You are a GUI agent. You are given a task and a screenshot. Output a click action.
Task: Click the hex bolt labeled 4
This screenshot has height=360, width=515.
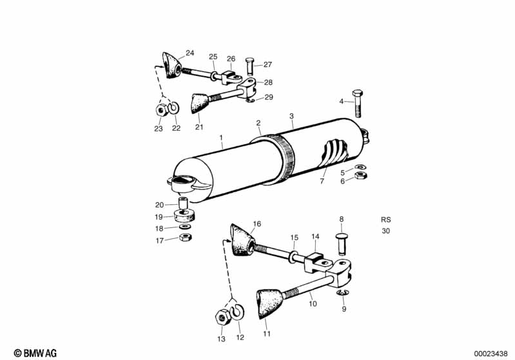click(357, 104)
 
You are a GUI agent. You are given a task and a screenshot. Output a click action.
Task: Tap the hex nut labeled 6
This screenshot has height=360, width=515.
click(361, 175)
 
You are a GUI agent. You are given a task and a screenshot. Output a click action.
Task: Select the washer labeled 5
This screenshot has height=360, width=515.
click(361, 167)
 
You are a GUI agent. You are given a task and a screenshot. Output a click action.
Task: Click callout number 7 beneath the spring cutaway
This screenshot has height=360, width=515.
click(322, 181)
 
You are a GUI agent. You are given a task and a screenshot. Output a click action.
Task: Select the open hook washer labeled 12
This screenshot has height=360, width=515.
click(237, 312)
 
